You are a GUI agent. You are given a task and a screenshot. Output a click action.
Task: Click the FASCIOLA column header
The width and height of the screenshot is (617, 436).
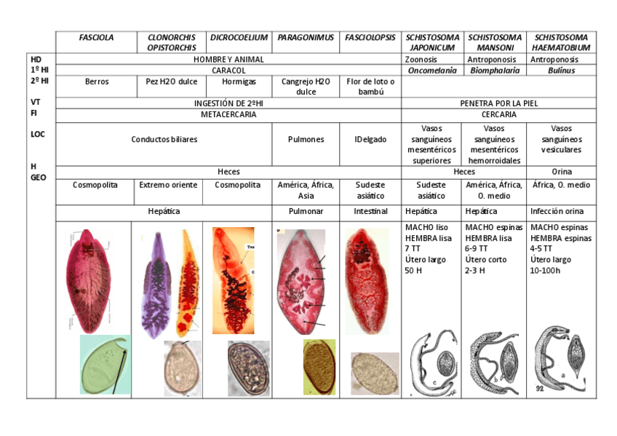[x=96, y=37]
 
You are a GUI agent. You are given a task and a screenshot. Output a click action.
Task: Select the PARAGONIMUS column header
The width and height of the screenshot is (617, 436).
[x=306, y=37]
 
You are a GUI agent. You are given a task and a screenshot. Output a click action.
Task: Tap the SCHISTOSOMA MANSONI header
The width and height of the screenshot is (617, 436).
[x=495, y=42]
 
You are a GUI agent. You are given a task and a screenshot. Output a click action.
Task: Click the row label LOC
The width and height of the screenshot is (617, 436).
[x=38, y=134]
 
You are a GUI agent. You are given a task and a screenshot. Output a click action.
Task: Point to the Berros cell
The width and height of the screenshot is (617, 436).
[x=96, y=82]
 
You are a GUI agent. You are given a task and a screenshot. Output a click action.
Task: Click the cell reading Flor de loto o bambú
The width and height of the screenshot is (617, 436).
[x=370, y=87]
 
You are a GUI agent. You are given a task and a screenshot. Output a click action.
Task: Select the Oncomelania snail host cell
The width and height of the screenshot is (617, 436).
[x=432, y=71]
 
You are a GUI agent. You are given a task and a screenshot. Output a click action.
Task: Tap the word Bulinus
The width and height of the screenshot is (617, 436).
[x=561, y=71]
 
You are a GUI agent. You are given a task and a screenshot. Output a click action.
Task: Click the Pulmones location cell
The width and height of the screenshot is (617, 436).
[x=306, y=139]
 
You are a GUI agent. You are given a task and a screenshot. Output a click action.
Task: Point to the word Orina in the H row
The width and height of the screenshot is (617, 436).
[x=561, y=172]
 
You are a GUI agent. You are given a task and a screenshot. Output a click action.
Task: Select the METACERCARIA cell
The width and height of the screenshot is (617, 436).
[x=228, y=114]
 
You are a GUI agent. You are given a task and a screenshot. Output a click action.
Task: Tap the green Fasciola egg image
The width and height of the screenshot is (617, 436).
[x=105, y=363]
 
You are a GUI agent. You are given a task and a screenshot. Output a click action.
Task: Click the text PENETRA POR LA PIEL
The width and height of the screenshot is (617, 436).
[x=498, y=103]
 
